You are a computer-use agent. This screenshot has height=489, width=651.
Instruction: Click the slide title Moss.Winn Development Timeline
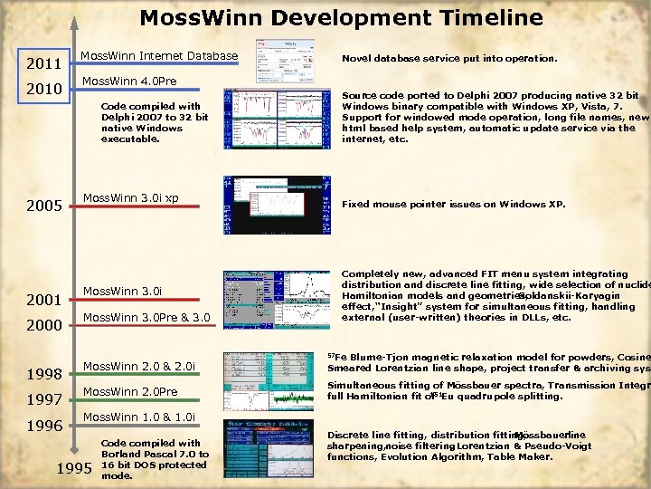(x=341, y=18)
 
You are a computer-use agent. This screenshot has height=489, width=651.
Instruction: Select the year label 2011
(x=43, y=64)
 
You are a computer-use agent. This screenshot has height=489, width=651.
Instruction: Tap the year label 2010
(x=43, y=90)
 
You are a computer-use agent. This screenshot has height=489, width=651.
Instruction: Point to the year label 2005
(x=43, y=206)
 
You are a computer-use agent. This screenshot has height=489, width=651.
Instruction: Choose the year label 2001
(x=43, y=300)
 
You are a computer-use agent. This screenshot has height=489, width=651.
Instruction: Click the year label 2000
(x=43, y=325)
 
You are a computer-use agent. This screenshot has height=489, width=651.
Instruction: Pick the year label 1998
(x=43, y=374)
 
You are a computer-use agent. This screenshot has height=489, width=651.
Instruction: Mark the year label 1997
(x=43, y=399)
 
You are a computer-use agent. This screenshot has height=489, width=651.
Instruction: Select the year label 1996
(x=43, y=425)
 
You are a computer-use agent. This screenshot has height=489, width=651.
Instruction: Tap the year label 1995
(x=74, y=469)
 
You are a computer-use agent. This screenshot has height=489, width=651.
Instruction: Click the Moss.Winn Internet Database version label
(x=159, y=57)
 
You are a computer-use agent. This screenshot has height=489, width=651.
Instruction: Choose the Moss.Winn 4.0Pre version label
(x=129, y=81)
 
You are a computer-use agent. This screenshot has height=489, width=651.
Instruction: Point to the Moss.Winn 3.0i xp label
(x=130, y=197)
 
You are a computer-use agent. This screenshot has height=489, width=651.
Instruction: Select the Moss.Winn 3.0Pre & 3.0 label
(x=146, y=317)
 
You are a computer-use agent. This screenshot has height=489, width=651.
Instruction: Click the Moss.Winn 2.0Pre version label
(x=130, y=391)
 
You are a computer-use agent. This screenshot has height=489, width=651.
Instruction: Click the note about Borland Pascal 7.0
(x=155, y=459)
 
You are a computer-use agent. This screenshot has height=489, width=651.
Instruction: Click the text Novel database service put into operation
(x=448, y=59)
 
